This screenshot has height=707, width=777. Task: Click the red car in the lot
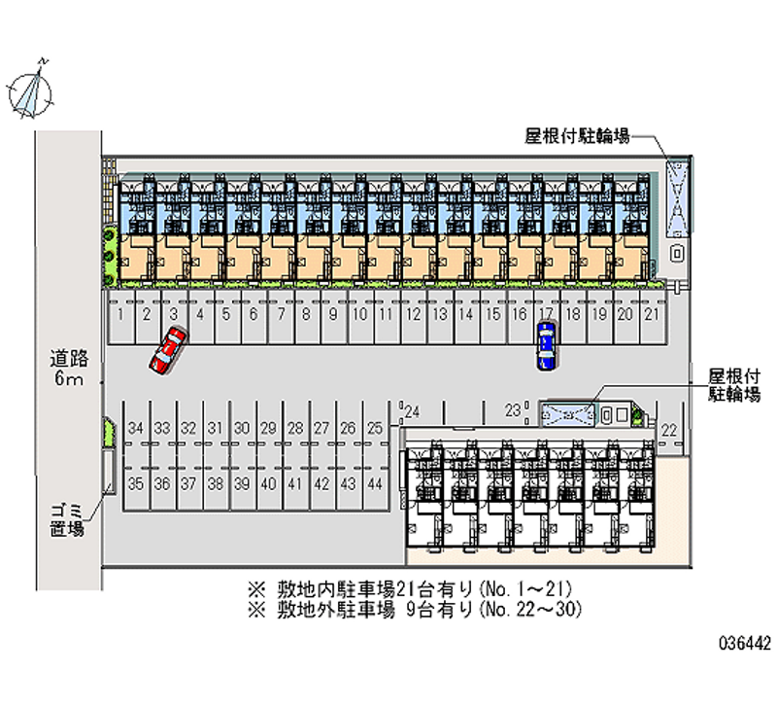tap(167, 350)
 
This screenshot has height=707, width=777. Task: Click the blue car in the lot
tap(547, 345)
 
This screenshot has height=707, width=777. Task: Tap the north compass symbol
tap(31, 87)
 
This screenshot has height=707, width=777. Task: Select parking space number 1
tap(119, 314)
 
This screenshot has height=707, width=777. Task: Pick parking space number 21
tap(652, 314)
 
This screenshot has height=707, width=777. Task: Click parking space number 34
tap(136, 428)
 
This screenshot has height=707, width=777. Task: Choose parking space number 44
tap(375, 484)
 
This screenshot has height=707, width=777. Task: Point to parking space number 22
tap(669, 430)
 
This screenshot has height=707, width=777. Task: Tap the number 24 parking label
tap(412, 409)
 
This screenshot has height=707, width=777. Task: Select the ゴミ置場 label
tap(68, 520)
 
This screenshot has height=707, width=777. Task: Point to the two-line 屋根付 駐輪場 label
tap(734, 385)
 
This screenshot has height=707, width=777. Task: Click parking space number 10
tap(358, 314)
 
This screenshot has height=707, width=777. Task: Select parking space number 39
tap(243, 484)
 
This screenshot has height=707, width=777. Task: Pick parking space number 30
tap(243, 428)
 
